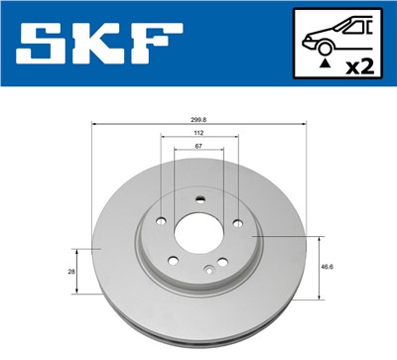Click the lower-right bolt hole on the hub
pos(224,262)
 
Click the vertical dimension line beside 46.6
pos(318,267)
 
